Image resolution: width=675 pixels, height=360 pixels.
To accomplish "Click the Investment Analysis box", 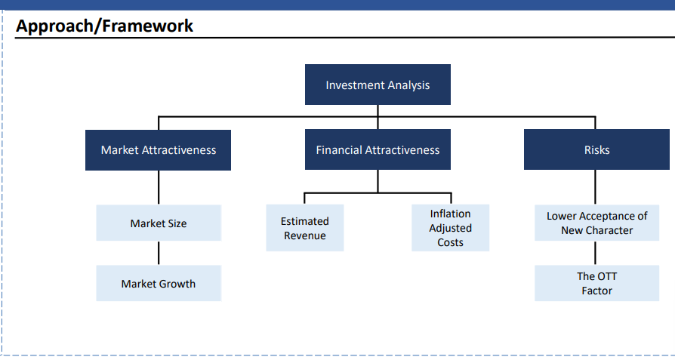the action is click(378, 85).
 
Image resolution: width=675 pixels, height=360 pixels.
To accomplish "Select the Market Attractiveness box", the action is click(158, 150).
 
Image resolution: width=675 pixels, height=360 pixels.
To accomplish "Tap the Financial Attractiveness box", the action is click(378, 149).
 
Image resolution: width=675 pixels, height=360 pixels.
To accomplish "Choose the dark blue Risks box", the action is click(596, 149).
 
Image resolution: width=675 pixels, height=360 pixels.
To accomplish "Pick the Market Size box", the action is click(159, 223).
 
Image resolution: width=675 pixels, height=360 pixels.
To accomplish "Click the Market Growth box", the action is click(159, 283).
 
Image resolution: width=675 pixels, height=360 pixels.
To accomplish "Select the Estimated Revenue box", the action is click(305, 227).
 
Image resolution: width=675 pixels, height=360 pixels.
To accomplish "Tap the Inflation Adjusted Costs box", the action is click(450, 227).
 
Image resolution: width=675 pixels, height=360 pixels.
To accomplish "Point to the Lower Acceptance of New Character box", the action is click(596, 223).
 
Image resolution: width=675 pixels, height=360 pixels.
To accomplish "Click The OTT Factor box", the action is click(596, 283).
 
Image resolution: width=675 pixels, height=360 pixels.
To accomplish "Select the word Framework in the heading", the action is click(148, 26).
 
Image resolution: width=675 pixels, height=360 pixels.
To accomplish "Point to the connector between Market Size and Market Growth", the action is click(159, 253).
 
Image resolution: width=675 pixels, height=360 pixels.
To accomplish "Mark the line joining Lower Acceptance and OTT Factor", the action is click(596, 253).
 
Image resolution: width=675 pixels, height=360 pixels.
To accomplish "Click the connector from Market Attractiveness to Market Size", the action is click(159, 187).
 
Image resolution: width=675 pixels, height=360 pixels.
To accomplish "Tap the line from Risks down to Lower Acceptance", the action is click(596, 187).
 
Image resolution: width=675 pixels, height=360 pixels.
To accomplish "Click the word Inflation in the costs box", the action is click(450, 214).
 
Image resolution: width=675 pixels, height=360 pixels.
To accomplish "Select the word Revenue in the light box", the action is click(305, 235).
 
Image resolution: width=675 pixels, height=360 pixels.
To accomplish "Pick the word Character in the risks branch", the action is click(612, 230).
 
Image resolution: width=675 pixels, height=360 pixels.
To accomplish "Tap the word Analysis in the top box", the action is click(409, 85).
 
